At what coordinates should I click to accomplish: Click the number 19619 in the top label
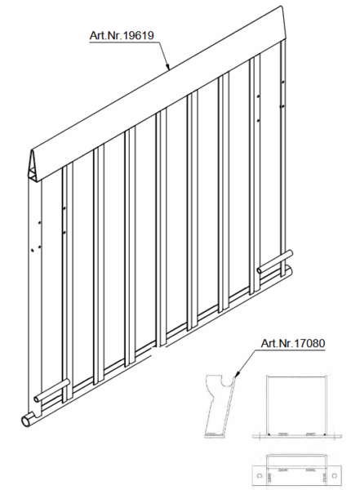click(x=139, y=35)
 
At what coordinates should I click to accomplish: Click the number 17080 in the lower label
click(x=310, y=343)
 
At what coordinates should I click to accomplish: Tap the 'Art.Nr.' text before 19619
click(x=106, y=35)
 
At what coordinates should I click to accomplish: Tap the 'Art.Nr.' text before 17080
click(x=278, y=343)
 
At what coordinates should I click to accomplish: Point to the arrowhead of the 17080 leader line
click(x=236, y=374)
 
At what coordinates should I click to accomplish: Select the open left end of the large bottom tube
click(x=25, y=421)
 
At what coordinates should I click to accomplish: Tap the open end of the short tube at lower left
click(x=37, y=399)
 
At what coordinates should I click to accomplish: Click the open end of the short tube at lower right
click(x=260, y=269)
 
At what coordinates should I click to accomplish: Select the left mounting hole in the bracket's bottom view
click(x=259, y=475)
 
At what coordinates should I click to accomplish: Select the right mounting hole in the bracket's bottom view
click(x=335, y=475)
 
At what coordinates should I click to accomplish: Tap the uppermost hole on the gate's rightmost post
click(x=282, y=82)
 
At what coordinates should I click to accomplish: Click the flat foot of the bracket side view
click(x=215, y=434)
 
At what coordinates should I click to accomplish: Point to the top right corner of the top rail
click(x=282, y=6)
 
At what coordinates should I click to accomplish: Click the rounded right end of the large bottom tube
click(x=290, y=269)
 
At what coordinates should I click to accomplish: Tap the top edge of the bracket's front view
click(x=296, y=376)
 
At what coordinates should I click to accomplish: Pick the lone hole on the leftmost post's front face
click(x=32, y=250)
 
